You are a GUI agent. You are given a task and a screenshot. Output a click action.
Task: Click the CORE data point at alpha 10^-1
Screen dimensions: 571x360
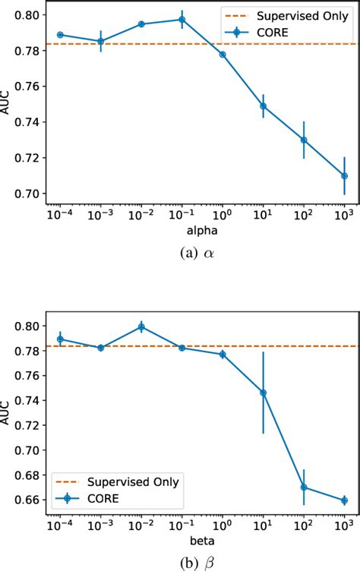[182, 20]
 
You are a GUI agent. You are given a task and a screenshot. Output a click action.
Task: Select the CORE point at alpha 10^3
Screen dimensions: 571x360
[344, 175]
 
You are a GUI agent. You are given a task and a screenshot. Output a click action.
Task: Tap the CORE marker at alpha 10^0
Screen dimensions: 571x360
[223, 55]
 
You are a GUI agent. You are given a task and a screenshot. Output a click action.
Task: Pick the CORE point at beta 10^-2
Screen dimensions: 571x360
[141, 327]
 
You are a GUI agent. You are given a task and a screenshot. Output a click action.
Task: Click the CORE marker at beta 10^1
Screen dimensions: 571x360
[264, 393]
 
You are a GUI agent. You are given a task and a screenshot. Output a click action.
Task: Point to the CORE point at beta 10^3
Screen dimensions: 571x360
[344, 500]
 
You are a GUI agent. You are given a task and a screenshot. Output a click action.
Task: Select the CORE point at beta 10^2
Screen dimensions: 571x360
[304, 487]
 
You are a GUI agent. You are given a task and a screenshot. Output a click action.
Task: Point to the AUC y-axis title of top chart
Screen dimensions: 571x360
[8, 104]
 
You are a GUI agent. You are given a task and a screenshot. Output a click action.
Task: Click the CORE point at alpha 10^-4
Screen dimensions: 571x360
[60, 34]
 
